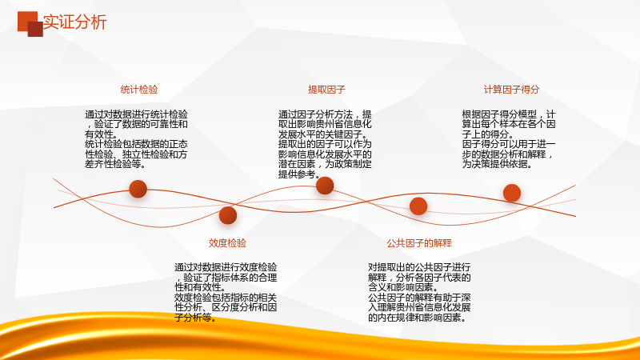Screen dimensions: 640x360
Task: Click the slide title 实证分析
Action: point(74,22)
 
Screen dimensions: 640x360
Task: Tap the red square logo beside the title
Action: point(30,24)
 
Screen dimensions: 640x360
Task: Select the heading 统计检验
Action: point(139,90)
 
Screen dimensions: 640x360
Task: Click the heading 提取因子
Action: point(326,90)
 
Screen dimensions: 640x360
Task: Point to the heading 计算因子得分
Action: point(511,90)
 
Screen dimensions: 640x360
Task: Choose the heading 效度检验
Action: point(227,243)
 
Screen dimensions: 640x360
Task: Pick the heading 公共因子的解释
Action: point(419,243)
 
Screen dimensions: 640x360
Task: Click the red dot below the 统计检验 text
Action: point(138,189)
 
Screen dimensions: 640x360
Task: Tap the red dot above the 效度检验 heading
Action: point(228,215)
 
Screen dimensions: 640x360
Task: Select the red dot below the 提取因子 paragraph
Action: point(325,186)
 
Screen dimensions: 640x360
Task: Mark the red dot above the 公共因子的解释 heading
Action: point(418,206)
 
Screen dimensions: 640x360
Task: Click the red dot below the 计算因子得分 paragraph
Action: point(512,193)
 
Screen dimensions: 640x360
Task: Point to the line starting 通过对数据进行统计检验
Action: point(136,114)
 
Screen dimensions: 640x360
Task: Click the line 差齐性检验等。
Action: point(115,164)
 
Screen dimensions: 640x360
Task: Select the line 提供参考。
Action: point(298,174)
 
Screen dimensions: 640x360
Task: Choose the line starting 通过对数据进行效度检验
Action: point(226,267)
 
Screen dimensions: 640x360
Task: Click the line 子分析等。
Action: point(195,318)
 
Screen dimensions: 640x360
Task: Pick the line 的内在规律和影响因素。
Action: point(417,318)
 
